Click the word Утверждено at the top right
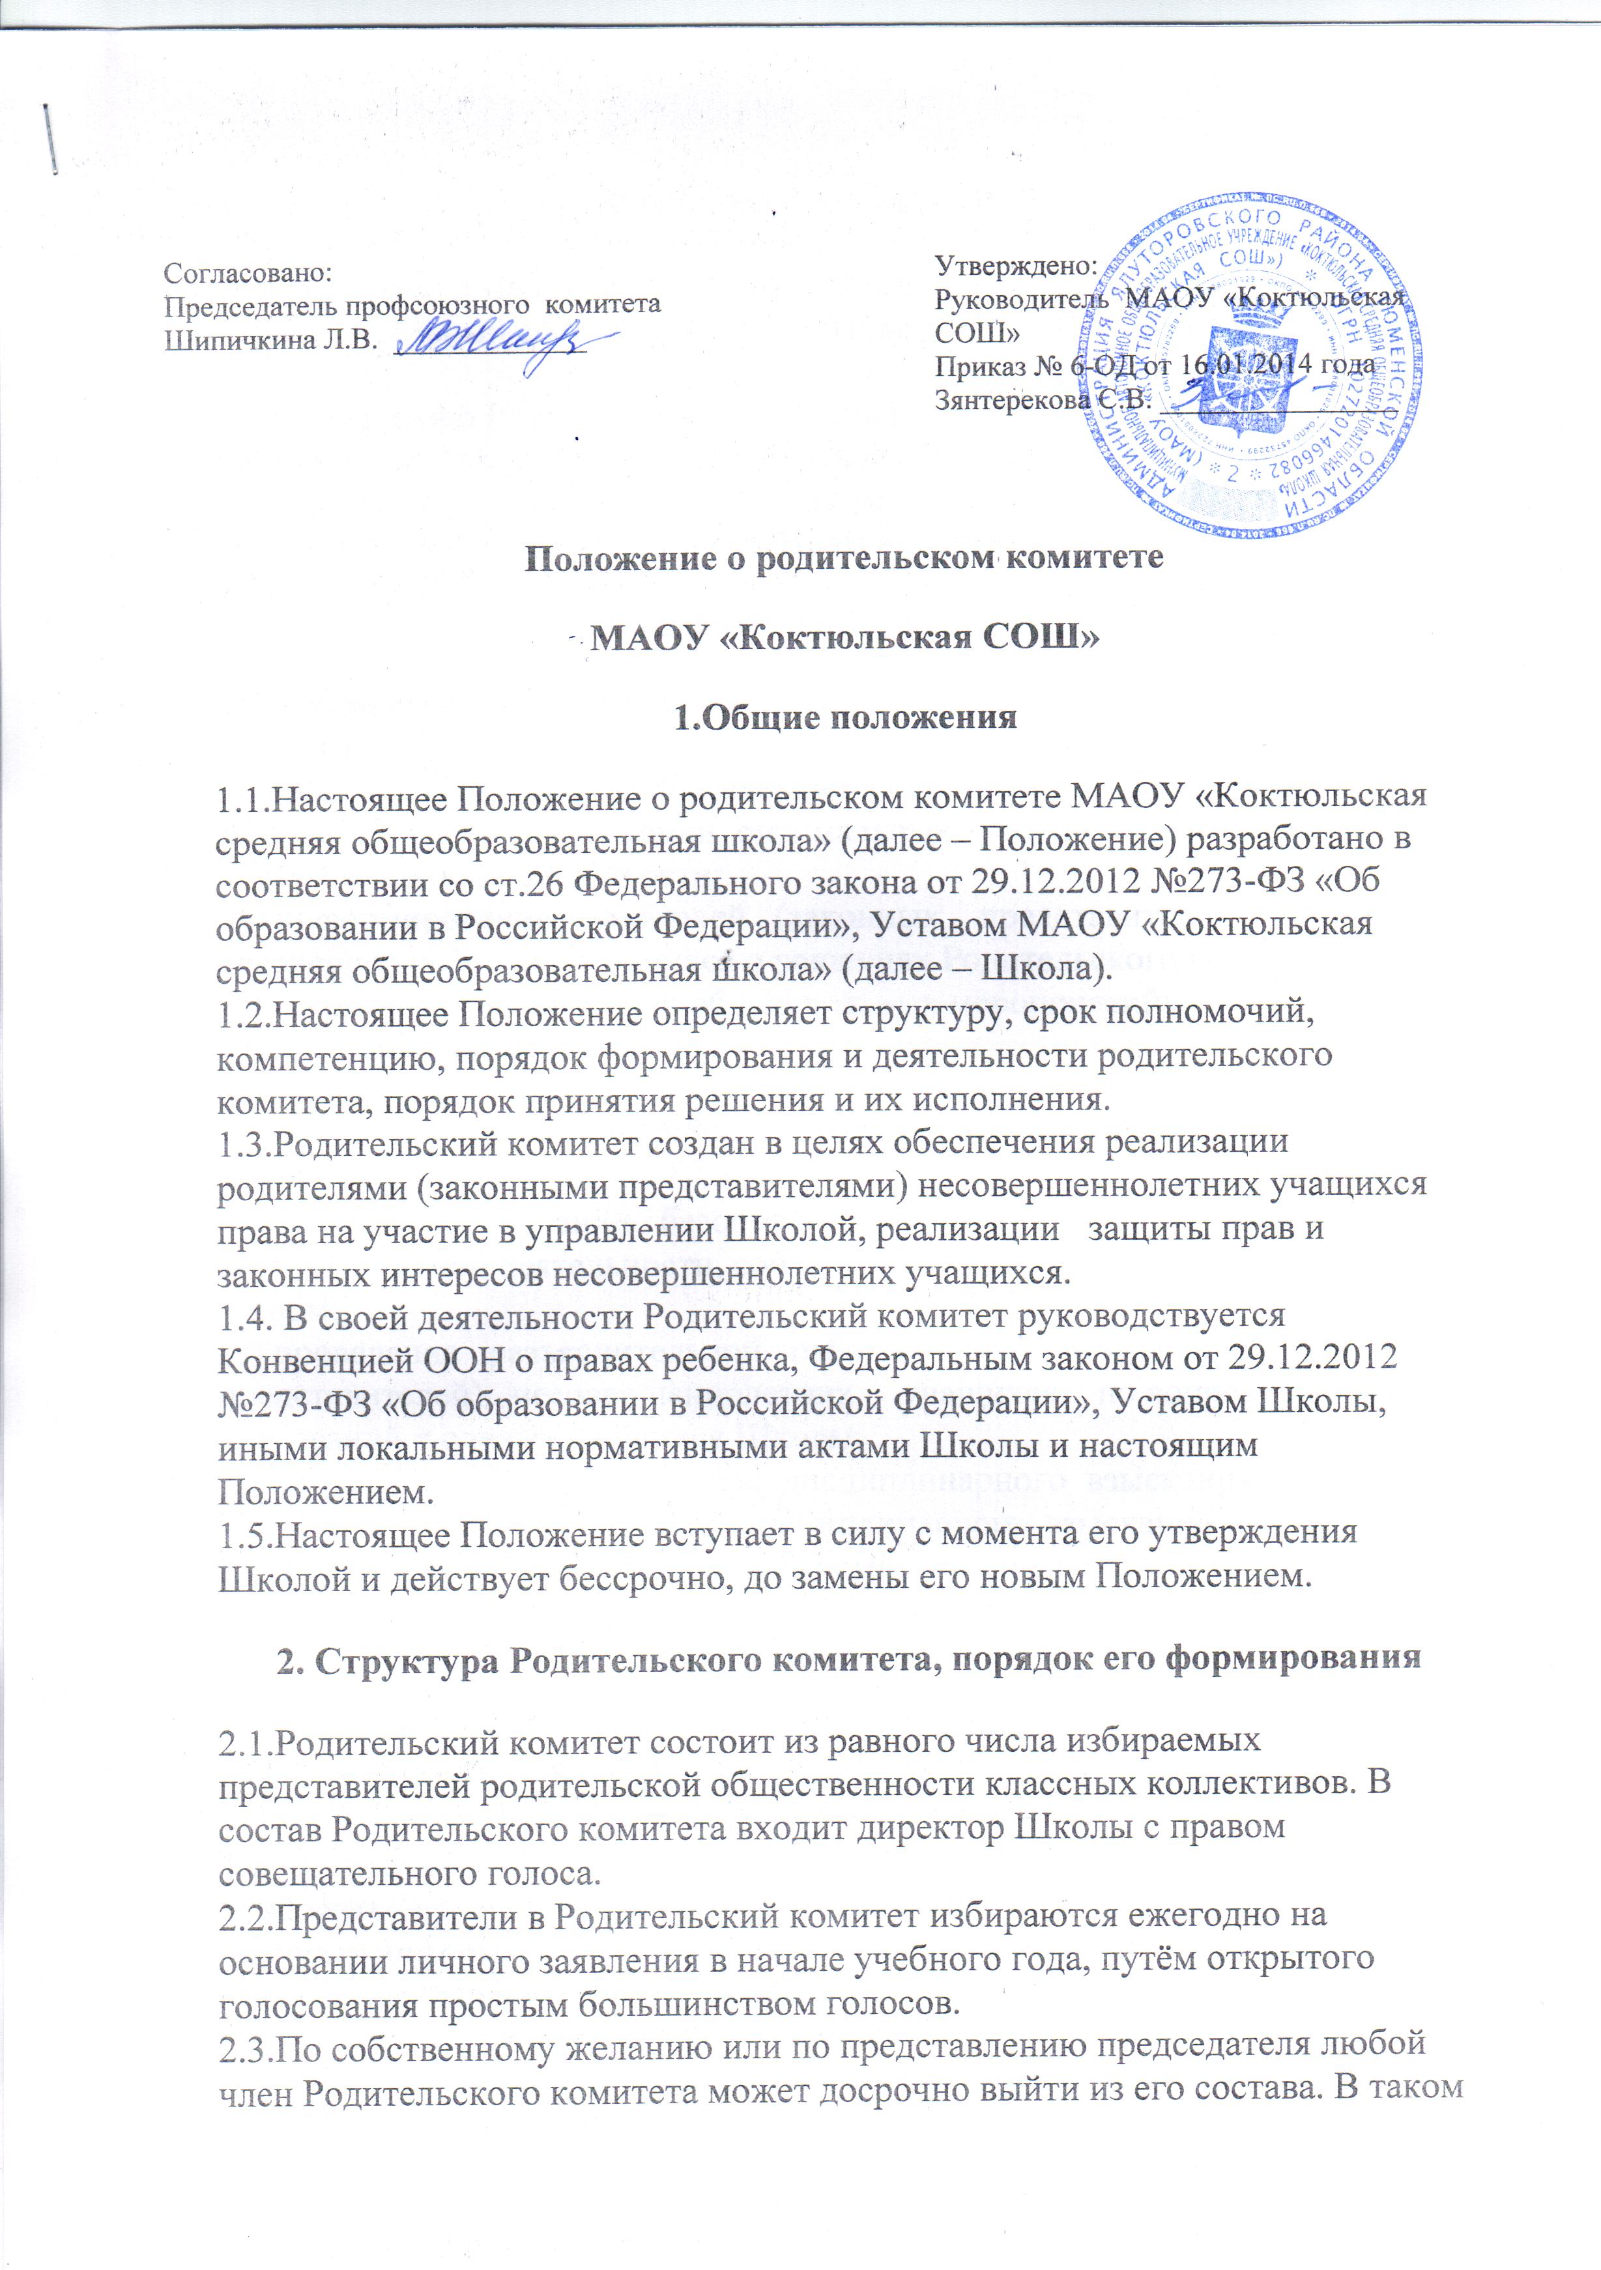point(1016,266)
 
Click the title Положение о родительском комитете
point(844,558)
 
